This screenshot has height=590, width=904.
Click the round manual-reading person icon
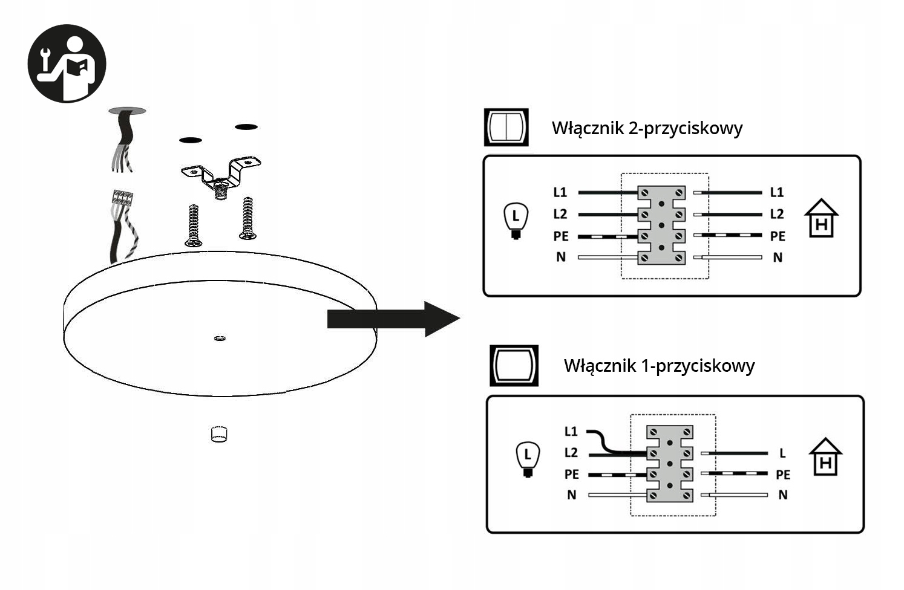coord(67,63)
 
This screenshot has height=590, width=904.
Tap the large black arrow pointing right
coord(393,319)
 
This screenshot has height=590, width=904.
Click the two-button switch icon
coord(506,127)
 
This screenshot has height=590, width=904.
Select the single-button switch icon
coord(514,365)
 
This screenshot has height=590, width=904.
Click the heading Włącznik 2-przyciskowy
coord(647,129)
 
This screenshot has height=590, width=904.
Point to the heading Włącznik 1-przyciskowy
coord(659,366)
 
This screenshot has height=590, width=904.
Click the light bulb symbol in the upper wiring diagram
coord(516,221)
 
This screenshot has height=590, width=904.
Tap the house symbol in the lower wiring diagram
coord(826,456)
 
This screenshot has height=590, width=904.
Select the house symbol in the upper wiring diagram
coord(821,218)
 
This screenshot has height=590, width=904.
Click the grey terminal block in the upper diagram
coord(661,225)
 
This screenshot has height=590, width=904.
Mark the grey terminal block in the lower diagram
coord(669,464)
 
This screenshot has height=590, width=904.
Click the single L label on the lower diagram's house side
coord(782,453)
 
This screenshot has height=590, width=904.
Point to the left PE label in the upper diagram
coord(561,236)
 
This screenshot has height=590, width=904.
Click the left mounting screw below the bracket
coord(194,225)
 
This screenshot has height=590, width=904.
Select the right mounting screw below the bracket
coord(247,218)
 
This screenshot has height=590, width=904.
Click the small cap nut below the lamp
coord(218,434)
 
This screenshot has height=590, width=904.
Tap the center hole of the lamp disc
coord(220,338)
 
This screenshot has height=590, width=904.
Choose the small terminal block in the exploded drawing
coord(122,198)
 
